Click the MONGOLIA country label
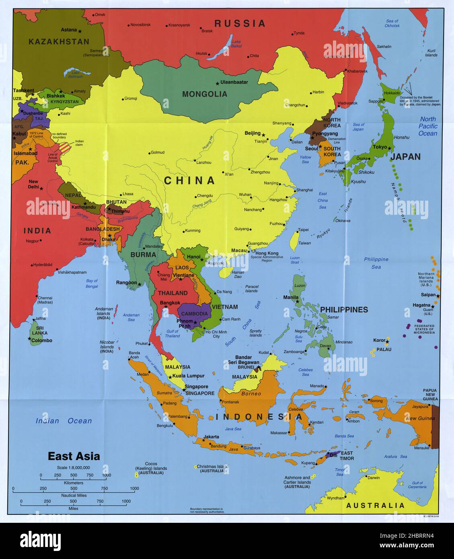[205, 94]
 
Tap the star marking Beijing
[264, 134]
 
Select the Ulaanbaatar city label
[234, 82]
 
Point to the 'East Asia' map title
[74, 456]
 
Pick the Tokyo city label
[380, 147]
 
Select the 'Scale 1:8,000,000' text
[73, 468]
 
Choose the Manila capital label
[291, 298]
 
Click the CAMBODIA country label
[194, 314]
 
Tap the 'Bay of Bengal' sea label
[92, 284]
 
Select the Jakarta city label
[212, 437]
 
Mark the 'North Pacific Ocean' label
[428, 126]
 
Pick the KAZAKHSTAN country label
[59, 41]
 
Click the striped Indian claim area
[65, 147]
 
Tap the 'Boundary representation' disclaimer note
[206, 511]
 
